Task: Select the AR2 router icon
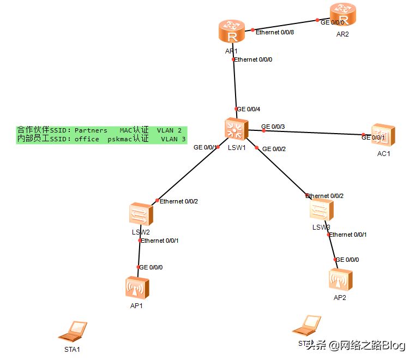pos(343,14)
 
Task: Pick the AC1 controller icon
pos(382,135)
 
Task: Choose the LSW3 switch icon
pos(321,210)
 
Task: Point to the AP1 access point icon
pos(136,287)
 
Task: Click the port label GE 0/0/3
pos(273,127)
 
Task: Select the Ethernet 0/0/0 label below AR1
pos(253,59)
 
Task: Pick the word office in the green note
pos(87,139)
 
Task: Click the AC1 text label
pos(383,153)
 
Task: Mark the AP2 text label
pos(340,298)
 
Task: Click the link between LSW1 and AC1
pos(311,133)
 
